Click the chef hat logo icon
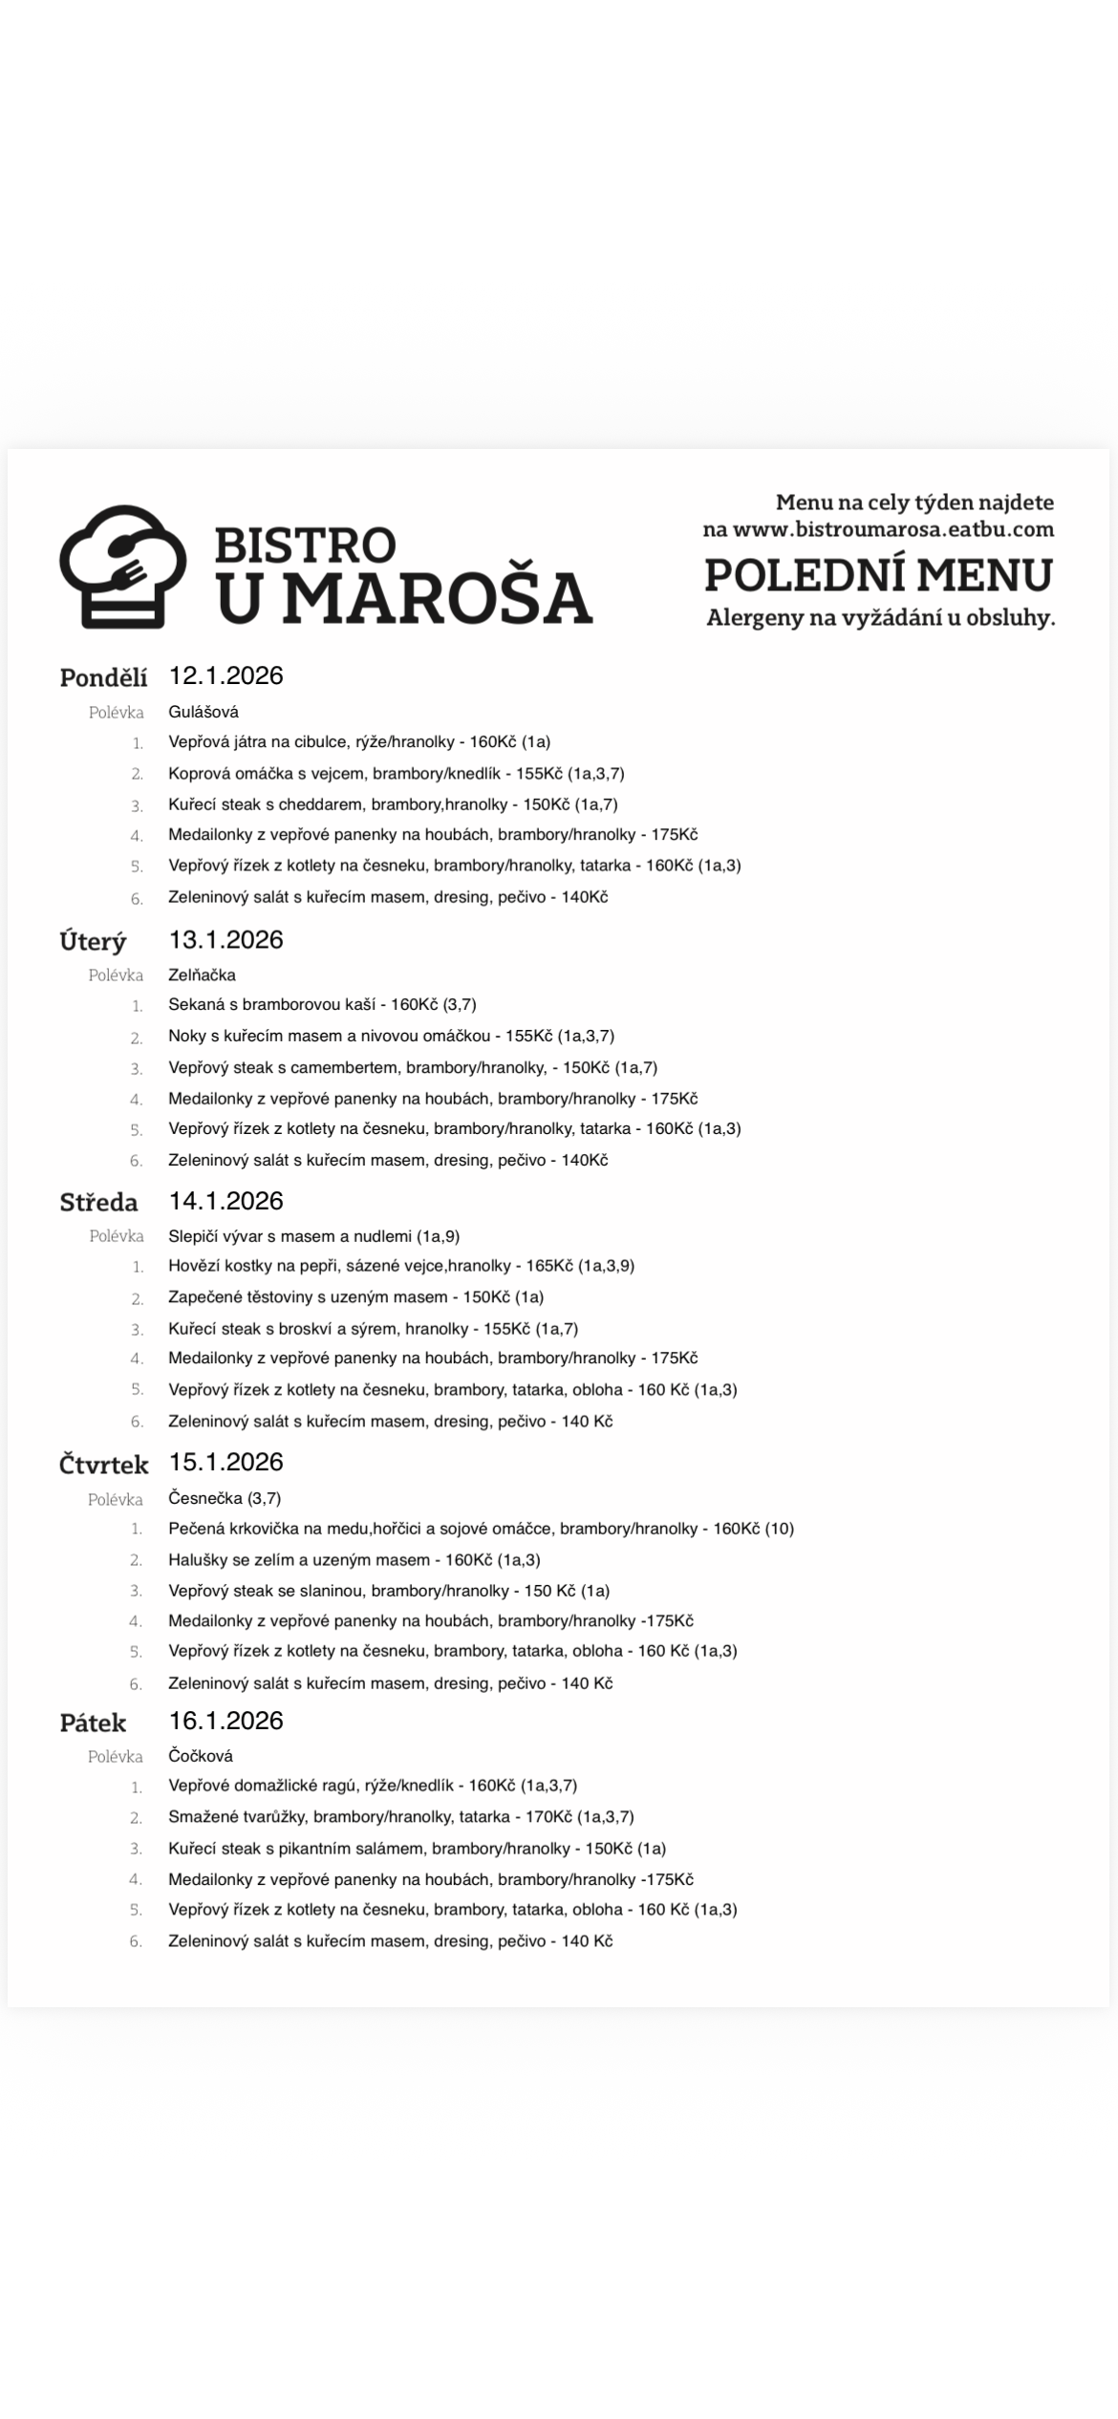[122, 566]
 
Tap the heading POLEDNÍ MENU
[878, 575]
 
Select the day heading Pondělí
[103, 677]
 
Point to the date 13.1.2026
[226, 939]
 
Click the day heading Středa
[98, 1202]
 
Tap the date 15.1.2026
[226, 1462]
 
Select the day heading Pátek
[93, 1723]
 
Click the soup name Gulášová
[204, 712]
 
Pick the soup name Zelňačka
[202, 974]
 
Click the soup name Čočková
[201, 1756]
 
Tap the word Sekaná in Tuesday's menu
[196, 1004]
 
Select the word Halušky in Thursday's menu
[198, 1560]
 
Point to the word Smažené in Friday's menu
[202, 1817]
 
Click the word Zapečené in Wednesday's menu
[204, 1297]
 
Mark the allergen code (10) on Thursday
[779, 1529]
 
